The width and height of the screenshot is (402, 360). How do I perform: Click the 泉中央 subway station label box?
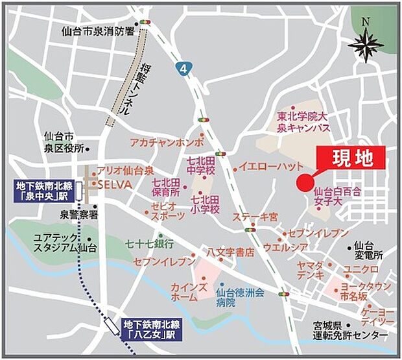point(41,191)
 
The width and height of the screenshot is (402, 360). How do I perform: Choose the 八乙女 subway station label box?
point(149,329)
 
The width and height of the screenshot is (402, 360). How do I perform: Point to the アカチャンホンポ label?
point(167,141)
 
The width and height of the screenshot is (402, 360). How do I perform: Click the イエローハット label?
point(266,167)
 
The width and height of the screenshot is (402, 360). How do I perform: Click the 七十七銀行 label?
point(150,245)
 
